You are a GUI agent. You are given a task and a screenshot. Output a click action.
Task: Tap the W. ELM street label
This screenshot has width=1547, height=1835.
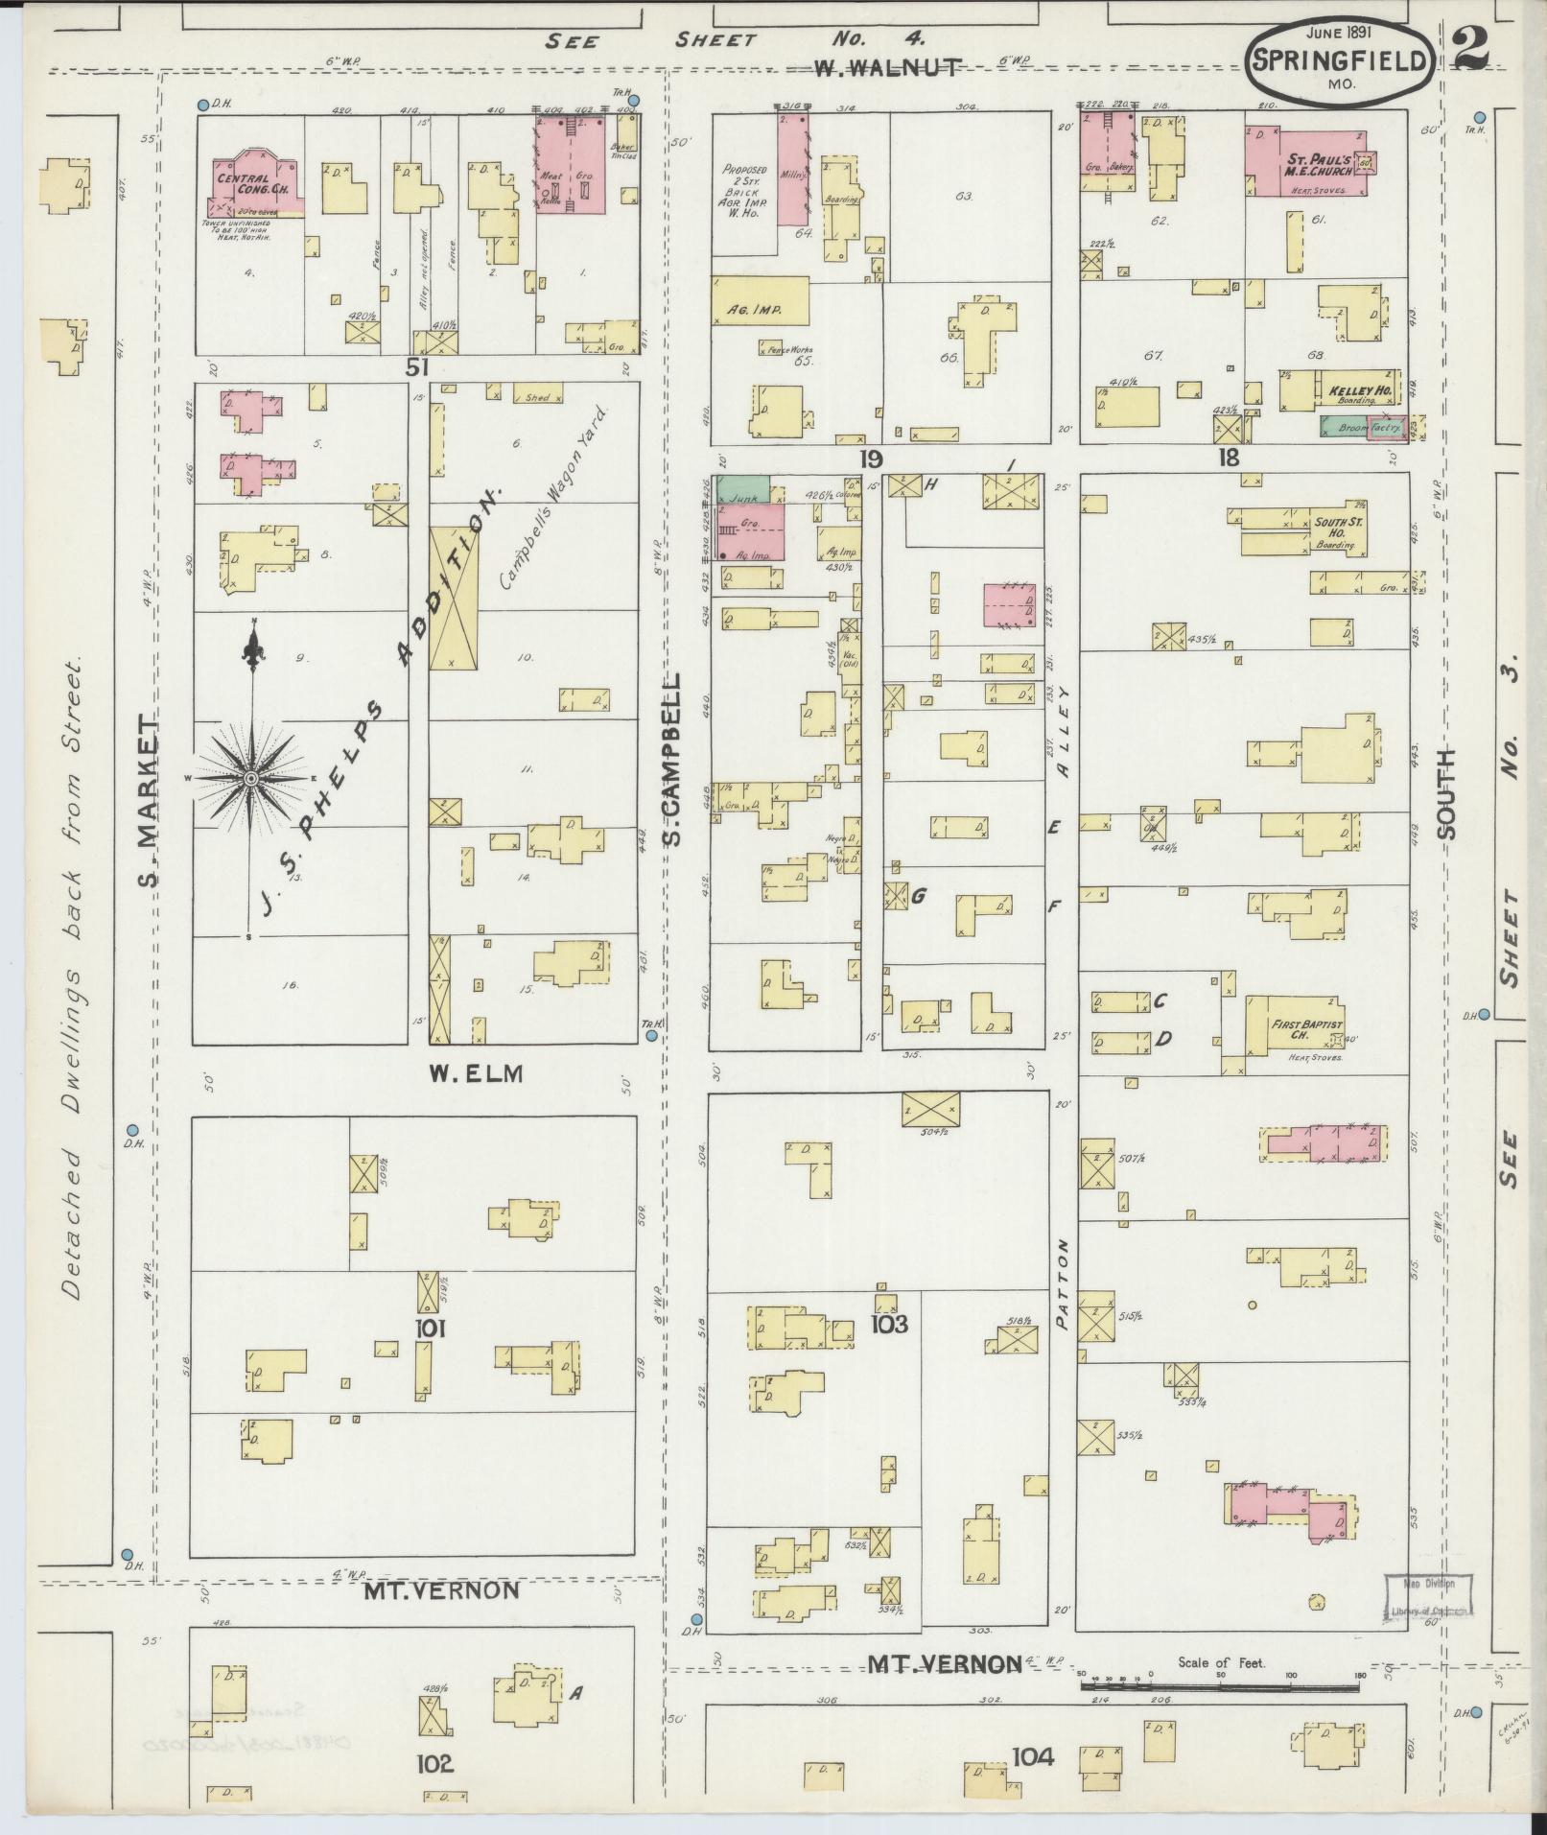476,1073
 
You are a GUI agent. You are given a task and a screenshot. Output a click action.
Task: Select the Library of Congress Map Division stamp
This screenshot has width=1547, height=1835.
1426,1599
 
